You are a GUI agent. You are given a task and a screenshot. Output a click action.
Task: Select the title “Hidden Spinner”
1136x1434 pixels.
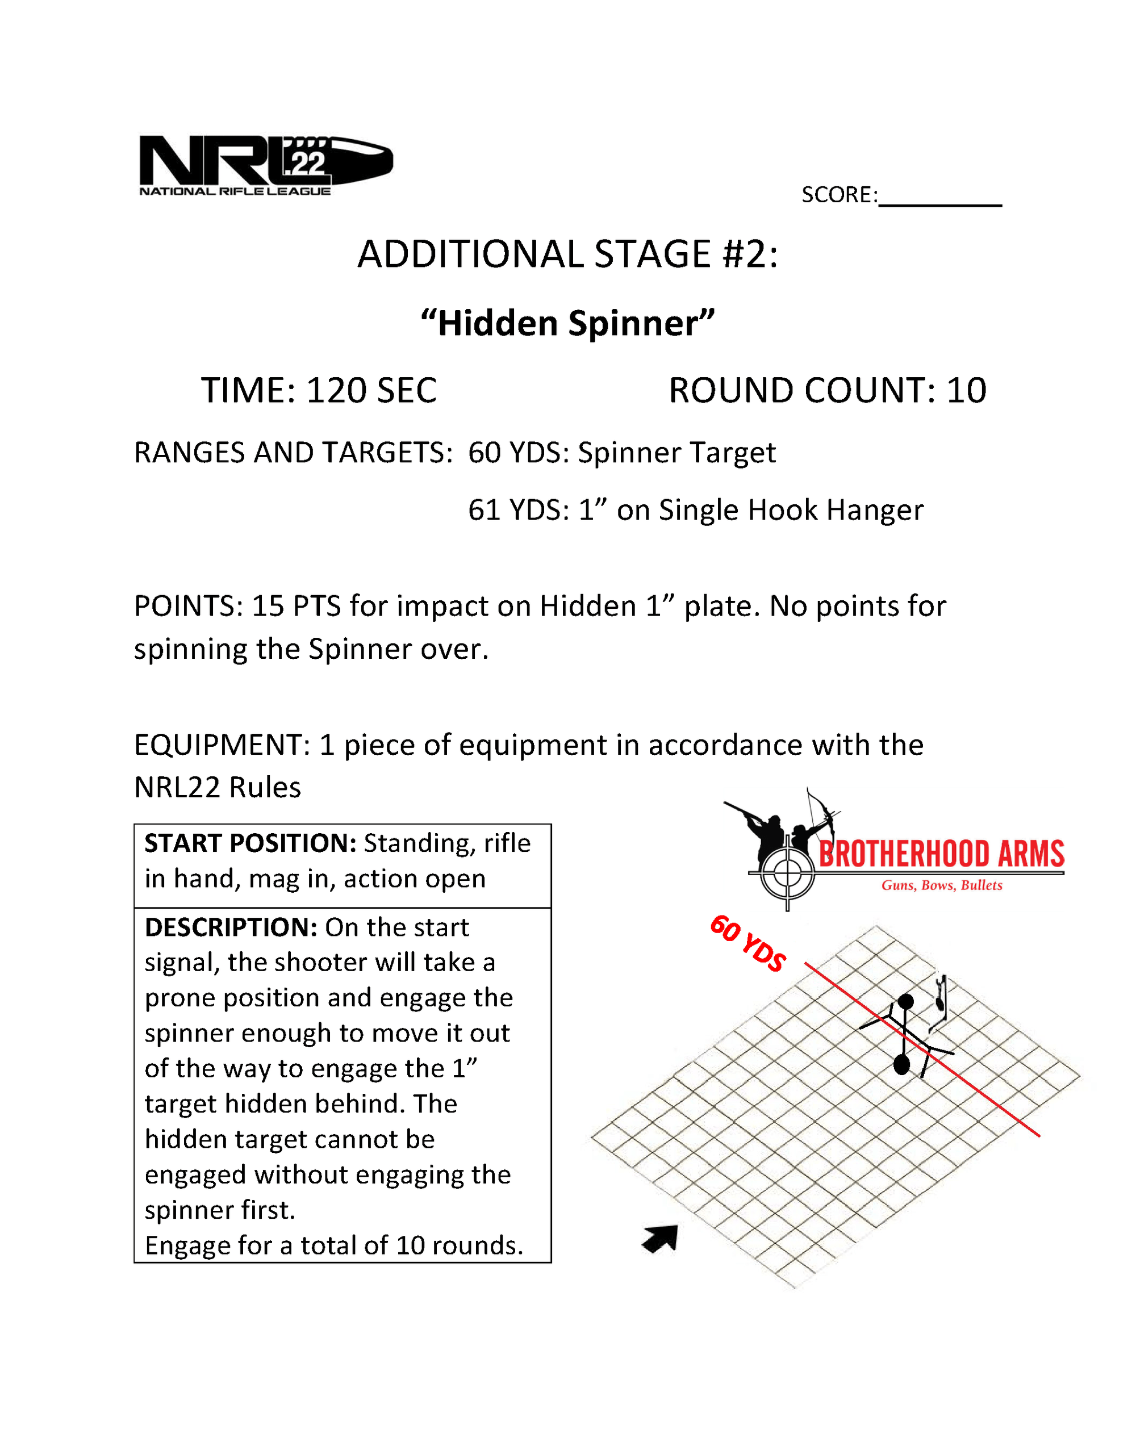point(567,323)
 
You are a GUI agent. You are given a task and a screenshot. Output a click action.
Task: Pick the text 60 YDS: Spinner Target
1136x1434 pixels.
point(621,453)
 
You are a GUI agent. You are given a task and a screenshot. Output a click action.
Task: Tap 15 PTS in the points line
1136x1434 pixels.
point(296,606)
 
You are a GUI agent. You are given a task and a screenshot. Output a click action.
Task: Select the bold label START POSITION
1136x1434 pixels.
point(250,843)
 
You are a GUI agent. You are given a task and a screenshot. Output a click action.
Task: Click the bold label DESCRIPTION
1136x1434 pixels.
point(231,927)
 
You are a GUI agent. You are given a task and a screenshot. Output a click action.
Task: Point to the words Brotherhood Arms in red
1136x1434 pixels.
point(941,855)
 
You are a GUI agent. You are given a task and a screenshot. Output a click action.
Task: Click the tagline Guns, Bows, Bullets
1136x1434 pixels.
point(941,885)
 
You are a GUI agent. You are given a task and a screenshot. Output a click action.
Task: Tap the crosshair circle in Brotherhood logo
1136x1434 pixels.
point(787,874)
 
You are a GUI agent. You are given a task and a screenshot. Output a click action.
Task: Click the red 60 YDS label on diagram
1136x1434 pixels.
point(748,943)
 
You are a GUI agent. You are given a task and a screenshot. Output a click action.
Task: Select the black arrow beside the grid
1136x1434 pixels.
point(661,1239)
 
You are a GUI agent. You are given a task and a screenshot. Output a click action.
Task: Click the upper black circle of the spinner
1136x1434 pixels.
point(906,1002)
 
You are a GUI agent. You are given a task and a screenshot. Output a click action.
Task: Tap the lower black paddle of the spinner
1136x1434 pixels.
point(901,1065)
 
